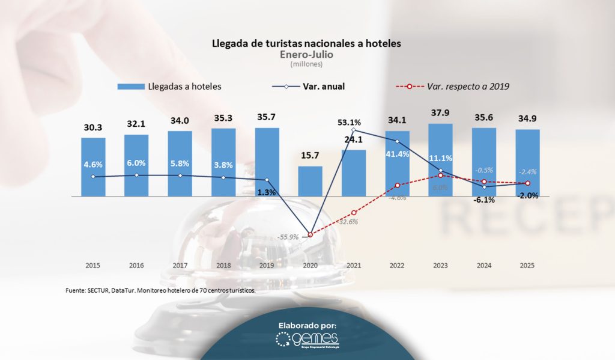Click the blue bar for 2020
tap(310, 181)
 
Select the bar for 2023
tap(440, 159)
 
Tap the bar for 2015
tap(93, 166)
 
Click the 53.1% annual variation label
tap(350, 123)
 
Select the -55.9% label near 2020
tap(288, 237)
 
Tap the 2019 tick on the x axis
tap(267, 265)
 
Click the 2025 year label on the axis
tap(527, 265)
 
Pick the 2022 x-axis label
tap(397, 265)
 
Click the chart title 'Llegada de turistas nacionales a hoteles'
tap(306, 44)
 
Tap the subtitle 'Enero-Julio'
tap(306, 54)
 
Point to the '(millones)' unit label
tap(306, 64)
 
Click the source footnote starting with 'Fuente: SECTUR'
tap(160, 290)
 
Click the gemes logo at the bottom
tap(307, 340)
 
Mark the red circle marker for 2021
tap(354, 213)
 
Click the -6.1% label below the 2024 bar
tap(483, 200)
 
